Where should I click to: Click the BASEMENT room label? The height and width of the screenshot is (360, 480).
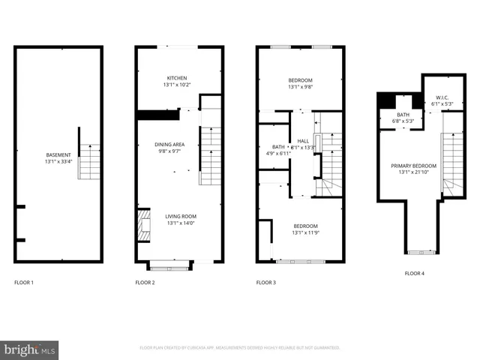pos(58,154)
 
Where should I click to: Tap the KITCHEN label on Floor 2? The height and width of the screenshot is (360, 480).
pos(177,78)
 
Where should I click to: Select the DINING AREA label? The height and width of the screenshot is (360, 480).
pos(169,144)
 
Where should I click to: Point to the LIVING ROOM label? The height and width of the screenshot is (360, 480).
pos(180,216)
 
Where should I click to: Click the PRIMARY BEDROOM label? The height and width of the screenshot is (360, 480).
pos(412,165)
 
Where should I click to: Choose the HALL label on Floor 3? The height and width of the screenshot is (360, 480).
pos(303,141)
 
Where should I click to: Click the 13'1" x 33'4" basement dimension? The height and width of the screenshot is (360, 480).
pos(58,161)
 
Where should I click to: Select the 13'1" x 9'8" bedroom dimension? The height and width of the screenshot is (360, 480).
pos(300,86)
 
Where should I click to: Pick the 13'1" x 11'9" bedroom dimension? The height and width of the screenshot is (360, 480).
pos(305,232)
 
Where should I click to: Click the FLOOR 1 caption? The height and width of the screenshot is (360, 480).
pos(24,283)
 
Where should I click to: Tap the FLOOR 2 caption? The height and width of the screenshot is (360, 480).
pos(145,283)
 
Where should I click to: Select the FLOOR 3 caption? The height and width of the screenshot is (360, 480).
pos(266,283)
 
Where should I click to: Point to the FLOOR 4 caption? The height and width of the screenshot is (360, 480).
pos(414,274)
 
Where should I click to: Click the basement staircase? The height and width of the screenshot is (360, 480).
pos(89,161)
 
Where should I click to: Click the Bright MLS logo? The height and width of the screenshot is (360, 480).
pos(30,349)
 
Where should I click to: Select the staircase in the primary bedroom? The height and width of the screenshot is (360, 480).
pos(452,161)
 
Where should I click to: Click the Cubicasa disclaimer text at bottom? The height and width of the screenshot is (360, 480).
pos(240,348)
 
